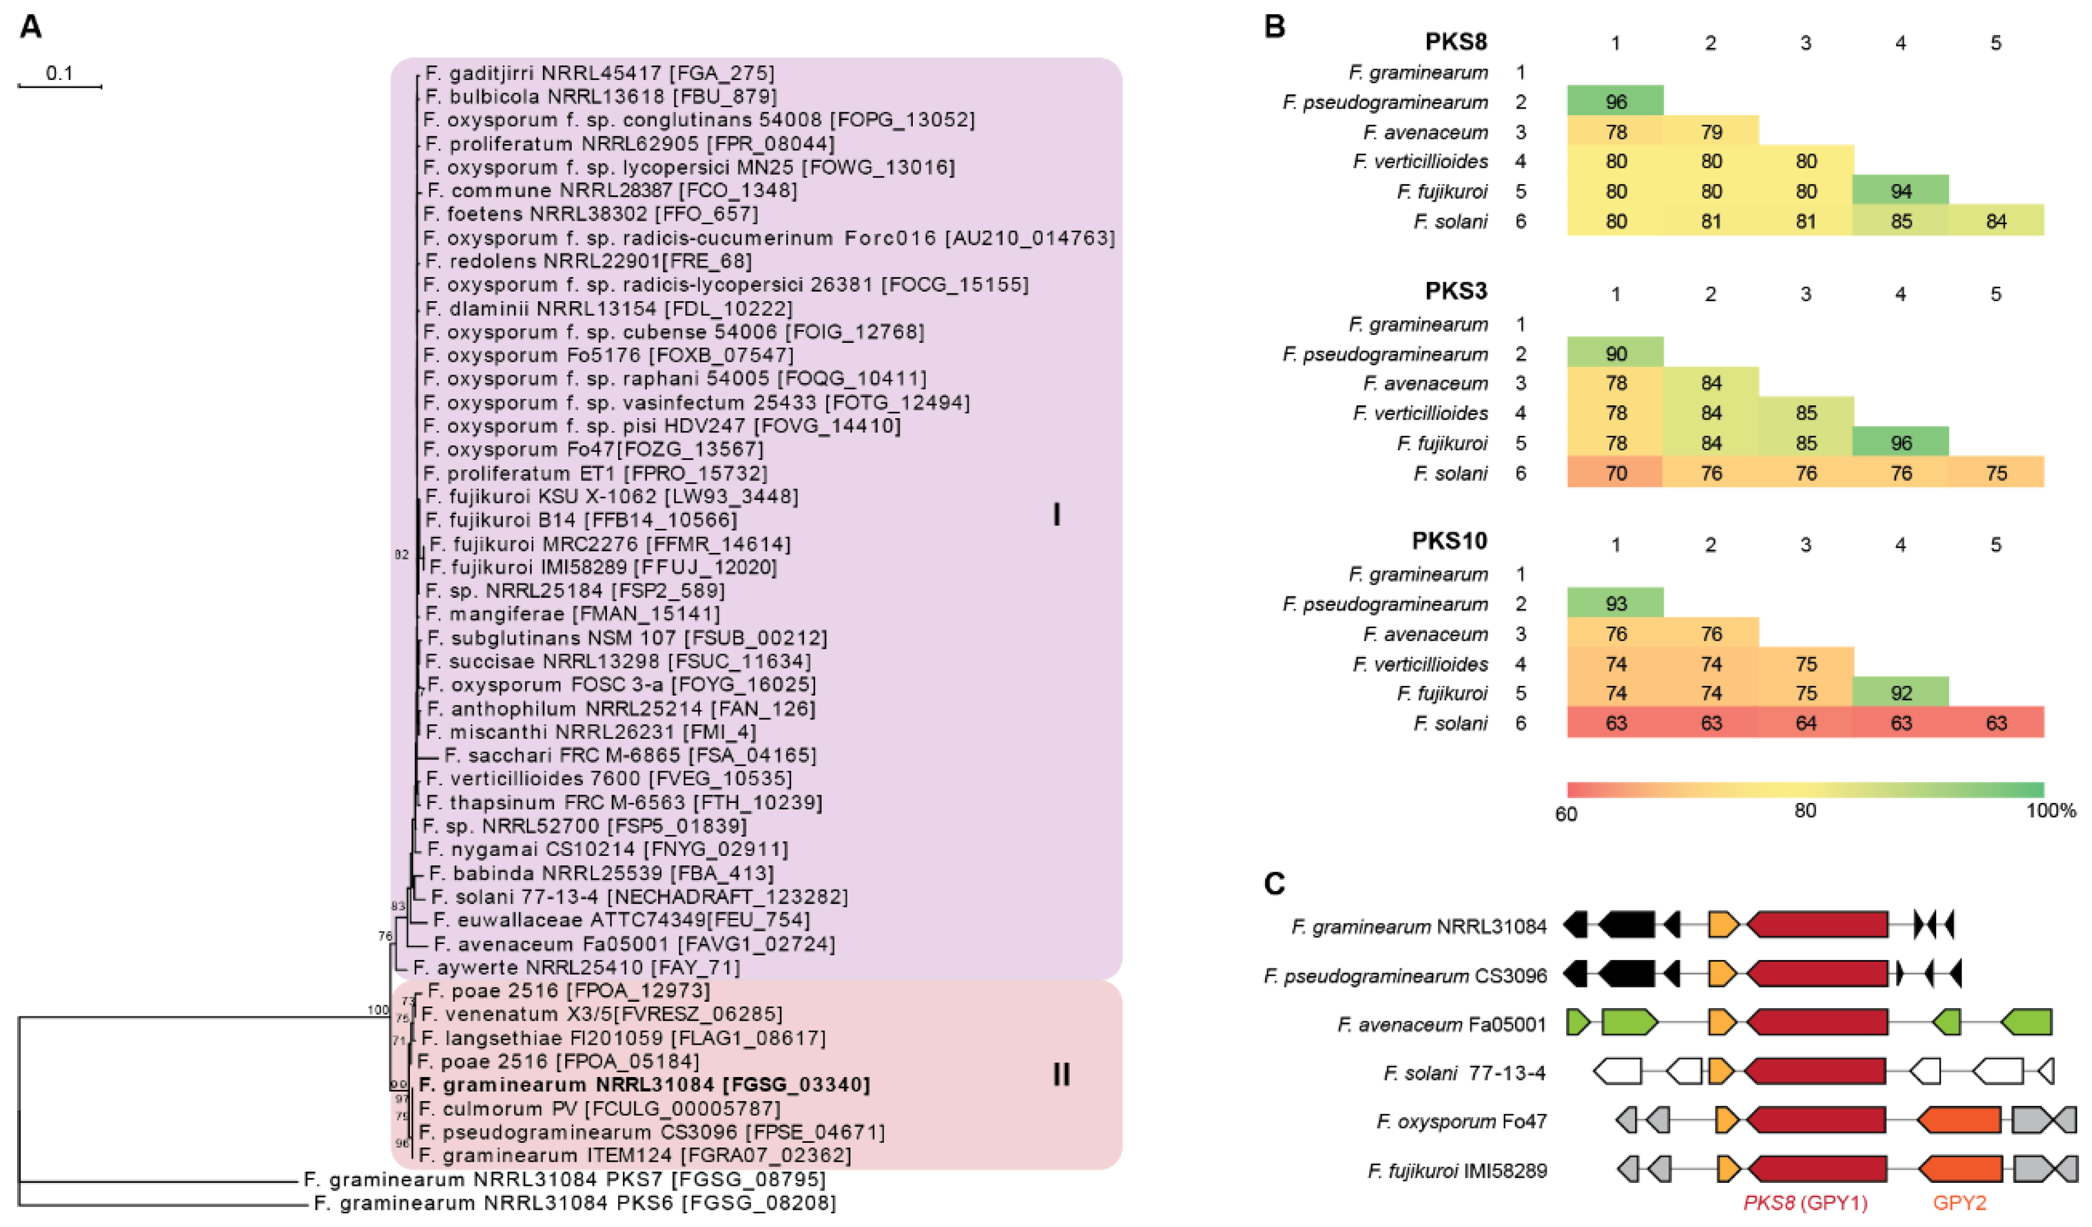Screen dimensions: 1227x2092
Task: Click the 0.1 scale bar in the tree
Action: click(60, 85)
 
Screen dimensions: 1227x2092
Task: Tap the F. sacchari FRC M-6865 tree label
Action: click(630, 755)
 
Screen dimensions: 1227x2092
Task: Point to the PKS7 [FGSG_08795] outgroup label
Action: click(565, 1179)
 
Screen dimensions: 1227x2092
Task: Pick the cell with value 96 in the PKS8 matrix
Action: click(1616, 102)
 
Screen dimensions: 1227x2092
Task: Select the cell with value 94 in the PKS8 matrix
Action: click(1901, 192)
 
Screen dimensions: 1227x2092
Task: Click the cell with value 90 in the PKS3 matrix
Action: click(1616, 354)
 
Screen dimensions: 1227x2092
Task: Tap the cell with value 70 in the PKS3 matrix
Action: click(1616, 473)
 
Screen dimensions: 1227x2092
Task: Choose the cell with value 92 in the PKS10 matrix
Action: click(1901, 693)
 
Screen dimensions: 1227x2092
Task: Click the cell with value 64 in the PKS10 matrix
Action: click(1806, 723)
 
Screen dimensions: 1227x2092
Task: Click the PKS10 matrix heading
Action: click(1449, 541)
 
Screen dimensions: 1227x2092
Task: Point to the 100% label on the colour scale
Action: click(2050, 810)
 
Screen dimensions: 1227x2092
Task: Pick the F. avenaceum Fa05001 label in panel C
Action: click(1442, 1025)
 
